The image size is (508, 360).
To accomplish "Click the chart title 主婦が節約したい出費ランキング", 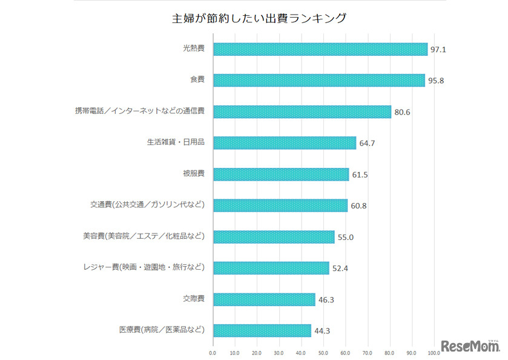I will pos(259,18).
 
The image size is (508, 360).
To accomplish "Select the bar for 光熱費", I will pos(320,49).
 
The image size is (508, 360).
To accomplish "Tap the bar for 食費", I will pos(319,81).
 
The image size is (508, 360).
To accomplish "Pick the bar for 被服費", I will pos(281,175).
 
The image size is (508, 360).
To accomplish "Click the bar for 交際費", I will pos(264,299).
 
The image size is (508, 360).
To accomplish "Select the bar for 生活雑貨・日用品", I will pos(285,143).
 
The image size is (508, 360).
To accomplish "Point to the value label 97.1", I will pos(438,50).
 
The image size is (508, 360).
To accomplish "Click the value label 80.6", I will pos(401,112).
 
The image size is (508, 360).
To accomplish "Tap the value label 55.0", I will pos(345,237).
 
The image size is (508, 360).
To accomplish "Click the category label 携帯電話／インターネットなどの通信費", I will pos(140,111).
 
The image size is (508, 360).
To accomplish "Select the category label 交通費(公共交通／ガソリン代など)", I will pos(147,205).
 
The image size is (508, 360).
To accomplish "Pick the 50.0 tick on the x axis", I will pos(323,352).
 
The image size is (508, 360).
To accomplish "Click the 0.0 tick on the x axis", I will pos(213,352).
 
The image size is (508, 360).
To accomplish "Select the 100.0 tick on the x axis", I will pos(433,352).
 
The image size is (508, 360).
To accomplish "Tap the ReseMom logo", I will pos(470,346).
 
